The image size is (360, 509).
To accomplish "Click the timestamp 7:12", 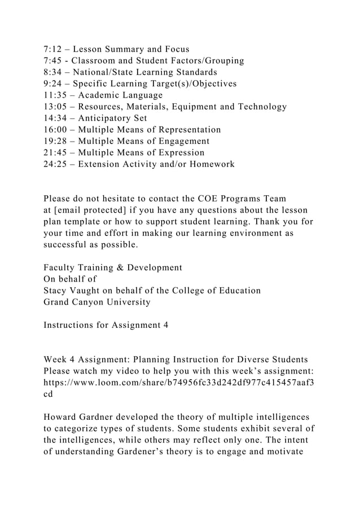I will click(52, 49).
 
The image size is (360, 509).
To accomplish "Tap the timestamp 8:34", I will click(52, 72).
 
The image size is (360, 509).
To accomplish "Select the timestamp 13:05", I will click(55, 107).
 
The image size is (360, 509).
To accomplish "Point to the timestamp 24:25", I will click(55, 164).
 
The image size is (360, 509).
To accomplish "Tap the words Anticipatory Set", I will click(113, 118).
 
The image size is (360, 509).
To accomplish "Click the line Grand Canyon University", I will click(97, 302).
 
